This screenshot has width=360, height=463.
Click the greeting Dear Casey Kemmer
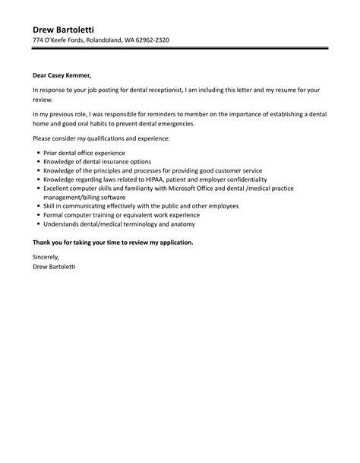click(x=61, y=75)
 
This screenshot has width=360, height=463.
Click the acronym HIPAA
click(x=171, y=179)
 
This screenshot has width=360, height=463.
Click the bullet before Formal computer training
click(x=39, y=215)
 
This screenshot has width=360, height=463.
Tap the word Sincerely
click(x=47, y=258)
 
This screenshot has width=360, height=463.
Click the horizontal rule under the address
click(x=180, y=50)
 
